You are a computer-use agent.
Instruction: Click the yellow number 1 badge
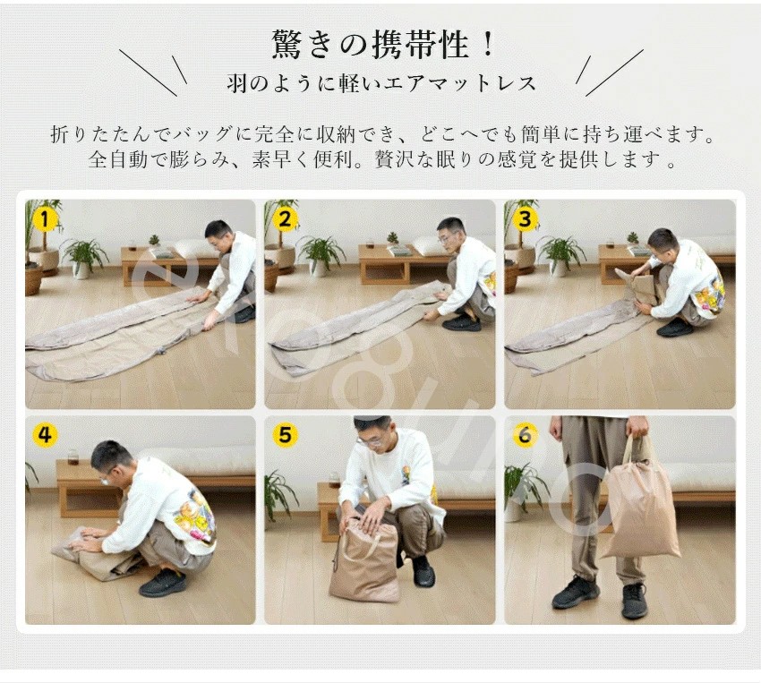coord(45,219)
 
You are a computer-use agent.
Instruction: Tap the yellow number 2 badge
coord(285,219)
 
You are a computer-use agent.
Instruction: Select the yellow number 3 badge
coord(525,219)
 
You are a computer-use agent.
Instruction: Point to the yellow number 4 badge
coord(45,435)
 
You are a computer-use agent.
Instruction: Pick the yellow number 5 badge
coord(285,435)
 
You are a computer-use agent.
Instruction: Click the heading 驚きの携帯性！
coord(383,45)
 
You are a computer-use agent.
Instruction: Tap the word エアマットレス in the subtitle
coord(459,83)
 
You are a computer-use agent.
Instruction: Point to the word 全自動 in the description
coord(118,159)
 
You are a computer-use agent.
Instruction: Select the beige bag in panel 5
coord(364,559)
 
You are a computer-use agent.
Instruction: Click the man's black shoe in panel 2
coord(461,323)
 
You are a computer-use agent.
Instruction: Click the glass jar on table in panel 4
coord(73,457)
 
